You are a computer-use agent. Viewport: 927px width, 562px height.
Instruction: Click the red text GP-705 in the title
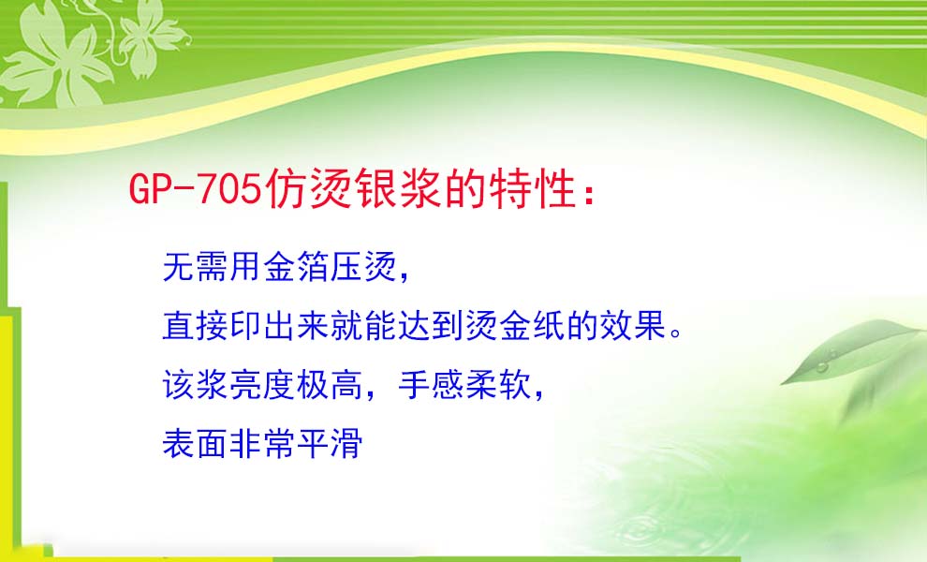pos(195,188)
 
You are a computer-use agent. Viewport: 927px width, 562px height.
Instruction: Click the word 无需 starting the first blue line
pos(195,267)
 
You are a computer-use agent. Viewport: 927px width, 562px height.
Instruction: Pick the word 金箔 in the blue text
pos(296,267)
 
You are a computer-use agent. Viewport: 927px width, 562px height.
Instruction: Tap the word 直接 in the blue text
pos(195,325)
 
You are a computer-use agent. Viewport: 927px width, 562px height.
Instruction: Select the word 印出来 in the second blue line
pos(279,325)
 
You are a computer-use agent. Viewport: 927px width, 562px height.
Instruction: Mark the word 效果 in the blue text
pos(633,325)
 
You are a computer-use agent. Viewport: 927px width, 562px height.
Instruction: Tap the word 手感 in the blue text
pos(431,385)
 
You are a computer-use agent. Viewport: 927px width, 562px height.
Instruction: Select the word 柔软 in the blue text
pos(498,385)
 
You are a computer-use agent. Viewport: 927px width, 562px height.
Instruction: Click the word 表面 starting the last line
pos(195,444)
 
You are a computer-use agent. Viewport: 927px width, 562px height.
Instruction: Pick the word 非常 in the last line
pos(262,444)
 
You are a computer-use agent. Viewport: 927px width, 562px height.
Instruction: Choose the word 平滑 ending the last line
pos(330,444)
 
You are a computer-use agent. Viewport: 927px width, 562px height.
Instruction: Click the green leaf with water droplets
pos(851,351)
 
